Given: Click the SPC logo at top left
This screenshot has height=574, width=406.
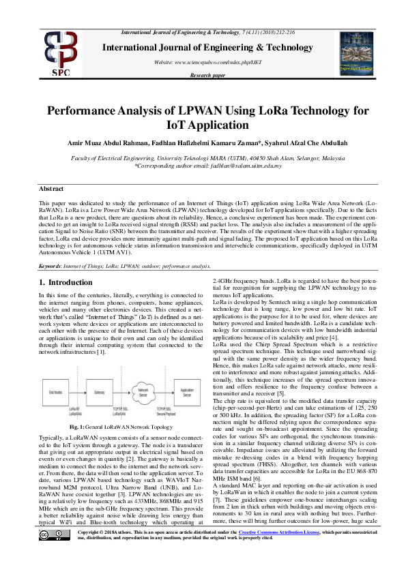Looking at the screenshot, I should (59, 54).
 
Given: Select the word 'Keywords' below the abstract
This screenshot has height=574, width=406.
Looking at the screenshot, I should (51, 266).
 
